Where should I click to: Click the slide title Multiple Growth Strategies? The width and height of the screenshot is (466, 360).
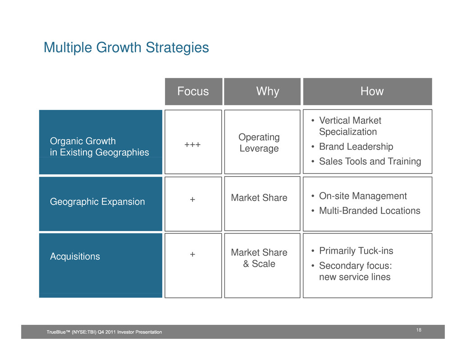126,47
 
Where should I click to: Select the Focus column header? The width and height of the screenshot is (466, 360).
193,91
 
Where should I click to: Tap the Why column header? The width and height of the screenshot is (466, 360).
268,91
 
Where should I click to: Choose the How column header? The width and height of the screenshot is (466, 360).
372,91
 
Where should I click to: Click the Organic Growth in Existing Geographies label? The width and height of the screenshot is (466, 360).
99,146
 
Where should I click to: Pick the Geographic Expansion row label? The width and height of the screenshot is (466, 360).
97,202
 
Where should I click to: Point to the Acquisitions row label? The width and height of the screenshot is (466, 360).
75,256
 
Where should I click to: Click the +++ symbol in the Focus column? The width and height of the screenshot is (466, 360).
192,145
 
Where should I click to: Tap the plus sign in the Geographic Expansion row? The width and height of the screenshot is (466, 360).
192,199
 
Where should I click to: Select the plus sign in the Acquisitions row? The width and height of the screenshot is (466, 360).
192,254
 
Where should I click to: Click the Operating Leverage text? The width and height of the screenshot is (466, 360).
259,142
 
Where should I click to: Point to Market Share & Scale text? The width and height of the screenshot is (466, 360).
259,258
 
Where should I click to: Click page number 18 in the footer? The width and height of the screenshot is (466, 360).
419,330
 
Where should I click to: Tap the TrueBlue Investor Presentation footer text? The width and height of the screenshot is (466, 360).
104,332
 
